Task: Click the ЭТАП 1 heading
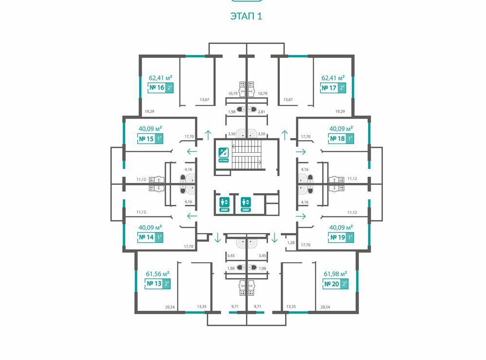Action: [x=246, y=16]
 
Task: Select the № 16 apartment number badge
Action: [x=161, y=88]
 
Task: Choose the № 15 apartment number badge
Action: [x=150, y=139]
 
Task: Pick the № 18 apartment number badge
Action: [x=342, y=139]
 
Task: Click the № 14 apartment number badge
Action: [x=150, y=237]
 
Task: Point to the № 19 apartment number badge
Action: [x=342, y=237]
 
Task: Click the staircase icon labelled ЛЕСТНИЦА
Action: [x=223, y=154]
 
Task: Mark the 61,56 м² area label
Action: [x=158, y=273]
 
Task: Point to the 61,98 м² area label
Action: [x=335, y=273]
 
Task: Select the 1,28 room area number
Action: [x=291, y=242]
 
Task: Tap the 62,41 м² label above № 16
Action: [x=161, y=77]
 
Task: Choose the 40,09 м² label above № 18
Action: [x=341, y=129]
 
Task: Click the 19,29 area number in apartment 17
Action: [x=340, y=111]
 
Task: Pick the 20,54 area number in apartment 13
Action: [x=170, y=307]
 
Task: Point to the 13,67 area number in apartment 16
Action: [x=204, y=100]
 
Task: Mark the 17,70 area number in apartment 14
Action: [x=189, y=246]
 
